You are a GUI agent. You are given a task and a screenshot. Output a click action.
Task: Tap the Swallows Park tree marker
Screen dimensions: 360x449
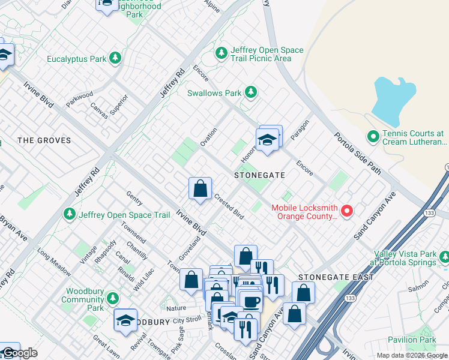pos(251,92)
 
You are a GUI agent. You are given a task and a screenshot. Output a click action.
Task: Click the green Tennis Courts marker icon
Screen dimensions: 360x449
pos(373,137)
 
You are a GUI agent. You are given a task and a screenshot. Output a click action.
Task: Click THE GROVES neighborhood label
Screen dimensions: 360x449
pos(44,140)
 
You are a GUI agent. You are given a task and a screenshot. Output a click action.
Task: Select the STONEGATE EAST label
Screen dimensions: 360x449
pos(336,277)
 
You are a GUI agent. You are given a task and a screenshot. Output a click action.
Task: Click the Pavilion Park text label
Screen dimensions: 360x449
pos(412,340)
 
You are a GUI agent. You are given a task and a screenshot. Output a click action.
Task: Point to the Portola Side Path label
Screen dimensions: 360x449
pos(357,153)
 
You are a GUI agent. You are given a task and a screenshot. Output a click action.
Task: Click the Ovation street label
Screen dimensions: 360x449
pos(208,137)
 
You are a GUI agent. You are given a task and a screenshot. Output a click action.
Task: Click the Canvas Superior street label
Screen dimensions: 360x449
pos(109,106)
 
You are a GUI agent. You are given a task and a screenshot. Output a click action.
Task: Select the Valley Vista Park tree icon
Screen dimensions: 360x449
pos(444,258)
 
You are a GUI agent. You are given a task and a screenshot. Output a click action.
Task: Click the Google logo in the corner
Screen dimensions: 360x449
pos(19,353)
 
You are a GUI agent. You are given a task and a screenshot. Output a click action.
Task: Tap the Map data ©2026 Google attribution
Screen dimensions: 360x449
pos(411,355)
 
